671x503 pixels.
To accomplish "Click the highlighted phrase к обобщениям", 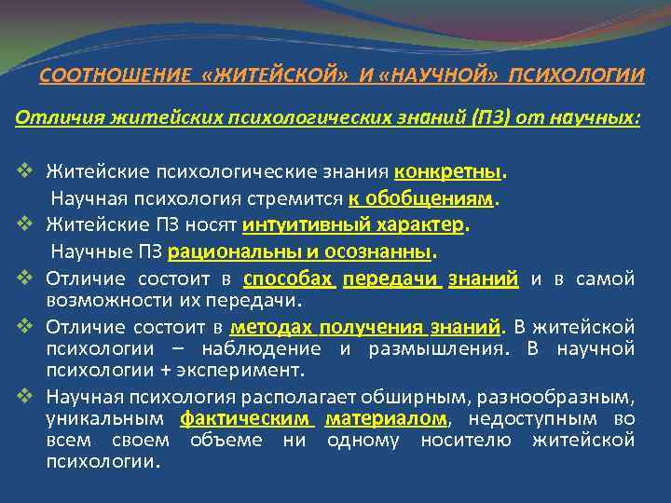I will [x=422, y=197].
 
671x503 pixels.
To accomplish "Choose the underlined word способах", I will [x=288, y=279].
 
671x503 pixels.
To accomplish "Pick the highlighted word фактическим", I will [x=247, y=419].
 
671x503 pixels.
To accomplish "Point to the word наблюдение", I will [x=259, y=348].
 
